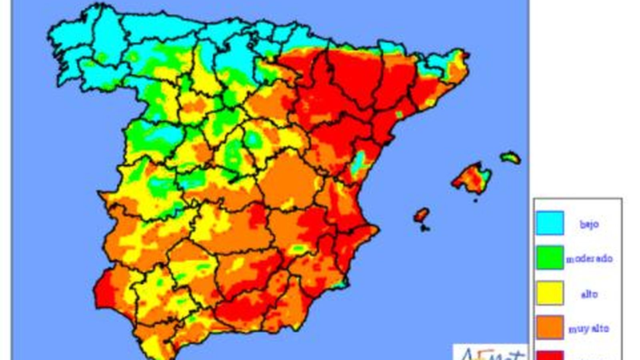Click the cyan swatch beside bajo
click(x=550, y=223)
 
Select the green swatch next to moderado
click(x=550, y=258)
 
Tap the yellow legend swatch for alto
click(x=550, y=293)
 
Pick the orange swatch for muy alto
click(x=550, y=328)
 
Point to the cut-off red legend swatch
click(x=550, y=355)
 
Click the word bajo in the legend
click(x=589, y=224)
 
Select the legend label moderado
click(x=589, y=259)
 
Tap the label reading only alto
click(x=589, y=294)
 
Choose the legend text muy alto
click(x=588, y=329)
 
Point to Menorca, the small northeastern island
click(x=511, y=157)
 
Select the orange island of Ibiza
click(x=421, y=215)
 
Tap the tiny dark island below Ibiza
click(x=425, y=228)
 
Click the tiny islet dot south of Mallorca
click(x=475, y=200)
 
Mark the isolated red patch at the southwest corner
click(x=104, y=292)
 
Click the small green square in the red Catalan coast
click(x=399, y=114)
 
